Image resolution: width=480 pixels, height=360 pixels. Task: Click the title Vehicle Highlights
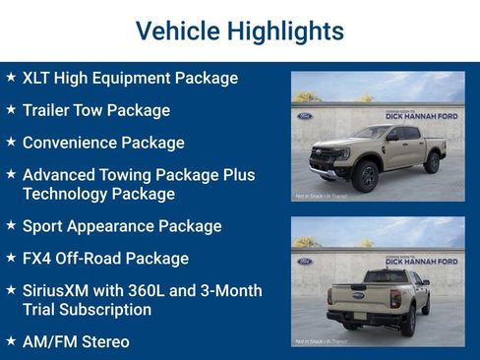[239, 30]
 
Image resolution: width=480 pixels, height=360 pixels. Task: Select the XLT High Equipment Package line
[130, 78]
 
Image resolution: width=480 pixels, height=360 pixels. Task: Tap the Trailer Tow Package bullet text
[95, 110]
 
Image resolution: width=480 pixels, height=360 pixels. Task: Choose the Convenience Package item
[103, 143]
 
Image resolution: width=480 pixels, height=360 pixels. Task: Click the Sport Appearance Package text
[122, 226]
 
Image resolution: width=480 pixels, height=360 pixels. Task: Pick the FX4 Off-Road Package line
[105, 259]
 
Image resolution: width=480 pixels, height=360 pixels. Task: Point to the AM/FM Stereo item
[76, 341]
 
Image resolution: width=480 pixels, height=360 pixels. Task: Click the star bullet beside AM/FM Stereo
[11, 340]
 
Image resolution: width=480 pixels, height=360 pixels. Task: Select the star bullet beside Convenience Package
[11, 142]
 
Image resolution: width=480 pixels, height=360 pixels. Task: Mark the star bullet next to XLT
[11, 77]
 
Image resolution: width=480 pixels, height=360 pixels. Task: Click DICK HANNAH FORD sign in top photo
[420, 116]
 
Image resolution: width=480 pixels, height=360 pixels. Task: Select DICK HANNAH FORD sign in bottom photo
[420, 262]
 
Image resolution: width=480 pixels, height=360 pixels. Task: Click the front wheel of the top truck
[367, 177]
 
